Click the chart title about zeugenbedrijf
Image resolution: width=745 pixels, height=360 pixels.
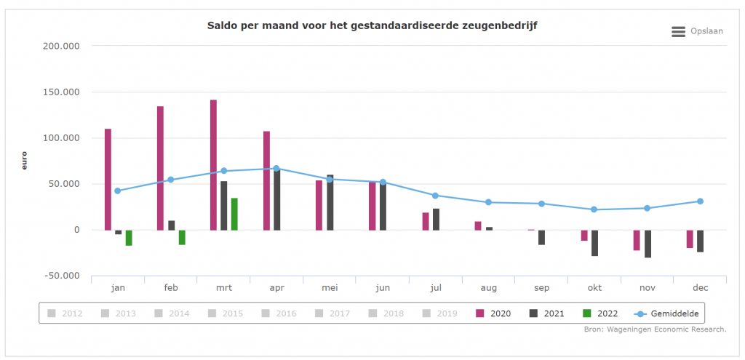coord(372,26)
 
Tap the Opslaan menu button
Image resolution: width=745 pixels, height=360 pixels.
coord(697,31)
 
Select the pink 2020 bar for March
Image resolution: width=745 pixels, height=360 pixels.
coord(213,165)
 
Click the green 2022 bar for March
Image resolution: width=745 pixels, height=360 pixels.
coord(234,214)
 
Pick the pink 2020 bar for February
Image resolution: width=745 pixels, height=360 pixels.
coord(160,168)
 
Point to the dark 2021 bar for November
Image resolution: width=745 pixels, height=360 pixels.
coord(648,244)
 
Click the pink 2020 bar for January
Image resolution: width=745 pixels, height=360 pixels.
coord(108,179)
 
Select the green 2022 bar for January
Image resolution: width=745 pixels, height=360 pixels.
coord(129,238)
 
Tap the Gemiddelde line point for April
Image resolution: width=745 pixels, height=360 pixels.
coord(276,168)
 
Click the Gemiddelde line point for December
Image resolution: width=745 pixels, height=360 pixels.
coord(700,201)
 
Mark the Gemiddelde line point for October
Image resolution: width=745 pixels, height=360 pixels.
coord(594,209)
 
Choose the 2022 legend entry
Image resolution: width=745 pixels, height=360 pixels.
coord(601,313)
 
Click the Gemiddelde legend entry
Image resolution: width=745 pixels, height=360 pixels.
coord(667,313)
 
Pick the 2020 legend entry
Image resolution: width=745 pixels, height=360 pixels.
coord(494,313)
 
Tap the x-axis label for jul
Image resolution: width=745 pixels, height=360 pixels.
coord(436,288)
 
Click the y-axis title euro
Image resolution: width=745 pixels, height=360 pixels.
coord(24,161)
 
